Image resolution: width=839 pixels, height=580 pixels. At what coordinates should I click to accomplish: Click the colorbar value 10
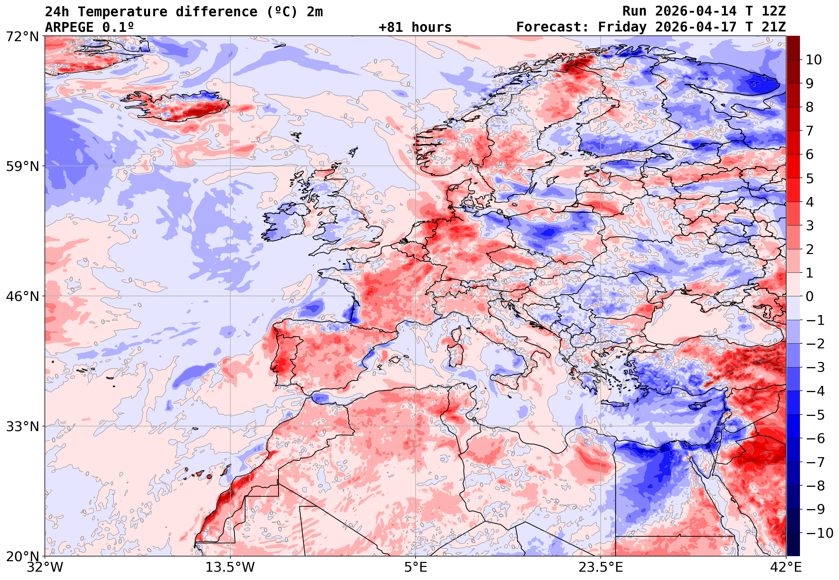814,60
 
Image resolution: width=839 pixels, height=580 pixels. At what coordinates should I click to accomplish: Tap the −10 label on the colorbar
819,533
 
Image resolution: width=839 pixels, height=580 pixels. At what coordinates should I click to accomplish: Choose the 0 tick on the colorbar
810,297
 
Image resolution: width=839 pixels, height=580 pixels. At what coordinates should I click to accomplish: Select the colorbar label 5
810,179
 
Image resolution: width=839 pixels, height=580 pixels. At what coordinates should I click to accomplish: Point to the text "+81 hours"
415,27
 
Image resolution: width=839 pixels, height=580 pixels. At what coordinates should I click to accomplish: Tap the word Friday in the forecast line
622,27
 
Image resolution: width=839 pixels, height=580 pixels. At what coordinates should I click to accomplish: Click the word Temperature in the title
122,12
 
